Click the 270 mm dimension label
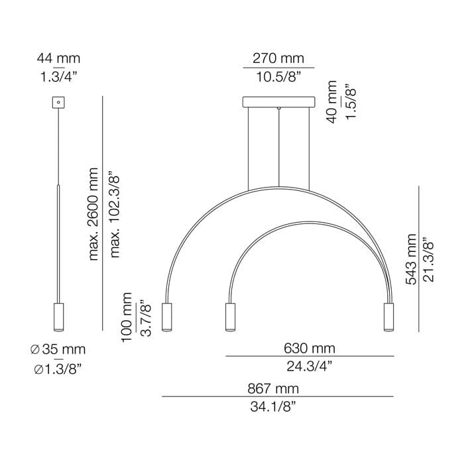pyautogui.click(x=278, y=58)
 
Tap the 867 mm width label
pyautogui.click(x=273, y=388)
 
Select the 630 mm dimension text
pyautogui.click(x=310, y=348)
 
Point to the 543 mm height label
pyautogui.click(x=411, y=259)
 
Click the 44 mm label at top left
pyautogui.click(x=58, y=58)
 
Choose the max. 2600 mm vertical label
pyautogui.click(x=93, y=214)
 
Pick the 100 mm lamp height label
pyautogui.click(x=127, y=318)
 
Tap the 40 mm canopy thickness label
pyautogui.click(x=331, y=101)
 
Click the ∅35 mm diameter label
pyautogui.click(x=58, y=349)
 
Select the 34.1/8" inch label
pyautogui.click(x=273, y=407)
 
